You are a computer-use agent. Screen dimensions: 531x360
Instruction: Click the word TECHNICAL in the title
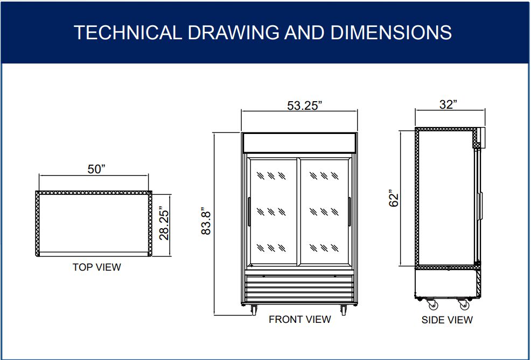tap(128, 32)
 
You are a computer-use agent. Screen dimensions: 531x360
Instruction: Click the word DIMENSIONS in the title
tap(391, 32)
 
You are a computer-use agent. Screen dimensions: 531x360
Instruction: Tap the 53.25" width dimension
tap(304, 105)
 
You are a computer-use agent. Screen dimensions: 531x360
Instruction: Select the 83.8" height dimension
tap(206, 221)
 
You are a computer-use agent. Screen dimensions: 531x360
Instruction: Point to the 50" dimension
tap(97, 169)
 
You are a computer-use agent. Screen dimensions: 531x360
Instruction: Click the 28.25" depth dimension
tap(164, 225)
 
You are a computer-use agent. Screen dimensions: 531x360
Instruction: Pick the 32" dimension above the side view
tap(449, 104)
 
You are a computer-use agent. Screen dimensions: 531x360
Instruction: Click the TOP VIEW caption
tap(97, 267)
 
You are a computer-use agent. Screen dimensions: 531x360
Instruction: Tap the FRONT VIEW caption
tap(300, 319)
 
